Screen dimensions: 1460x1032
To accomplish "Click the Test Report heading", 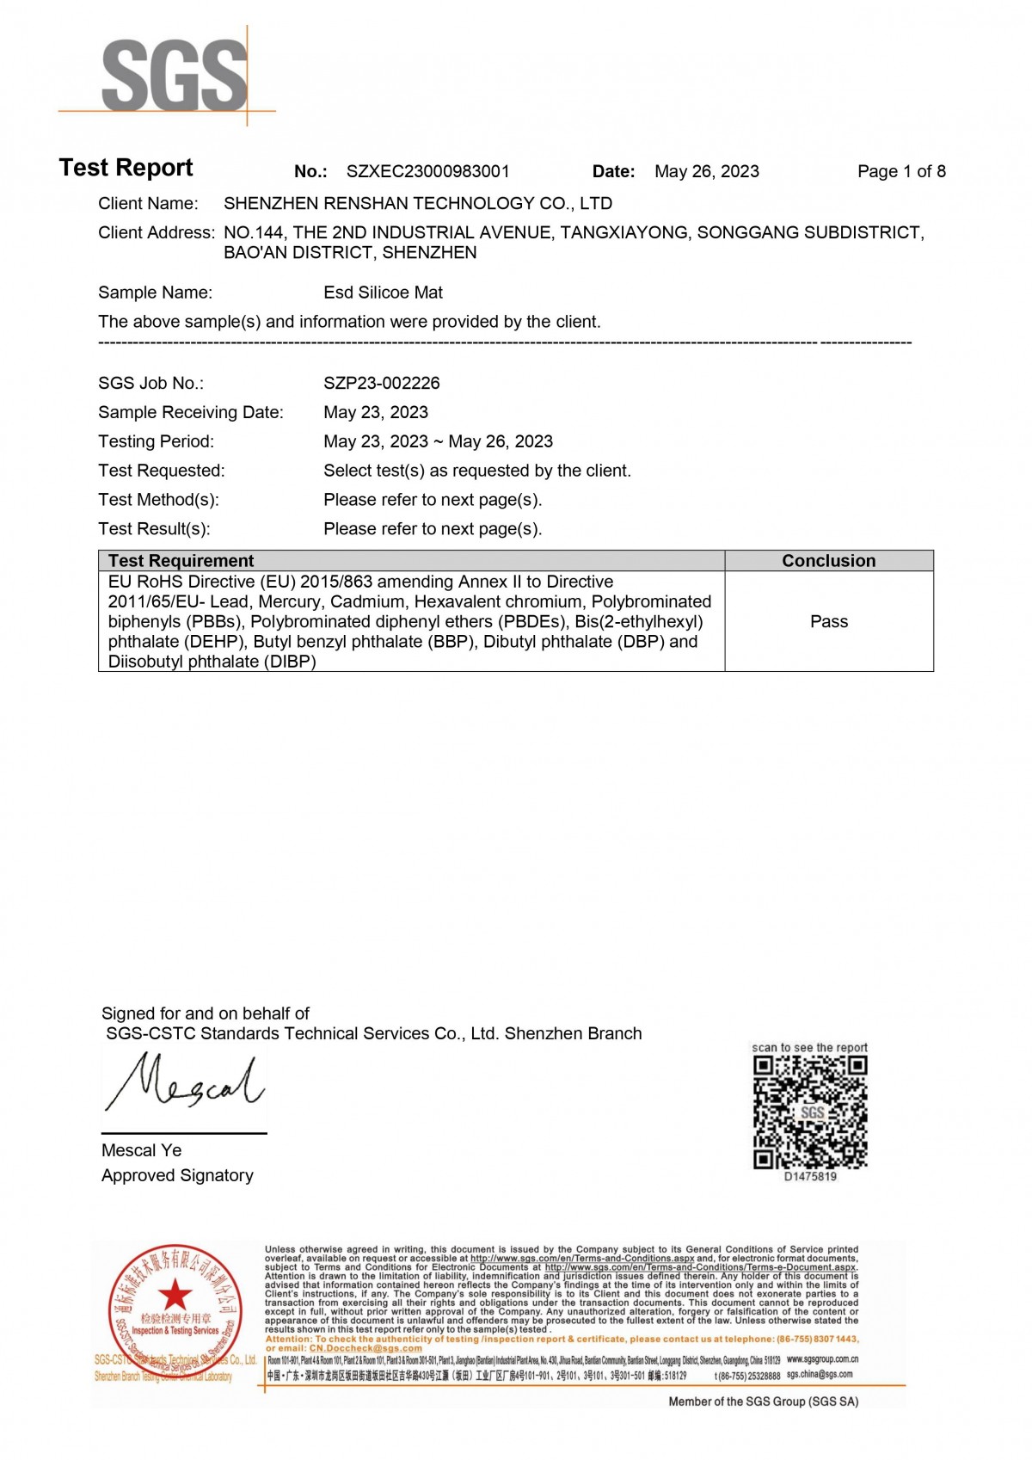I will click(126, 168).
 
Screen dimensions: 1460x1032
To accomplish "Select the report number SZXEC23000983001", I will click(427, 171).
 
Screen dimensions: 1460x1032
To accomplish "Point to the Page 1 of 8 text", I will click(900, 171).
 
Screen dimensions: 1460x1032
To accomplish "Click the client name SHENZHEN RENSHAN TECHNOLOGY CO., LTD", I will click(418, 204).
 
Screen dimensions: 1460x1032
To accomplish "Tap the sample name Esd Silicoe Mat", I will click(383, 293).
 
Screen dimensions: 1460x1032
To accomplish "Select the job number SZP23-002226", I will click(381, 383).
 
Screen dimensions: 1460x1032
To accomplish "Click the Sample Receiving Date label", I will click(190, 412).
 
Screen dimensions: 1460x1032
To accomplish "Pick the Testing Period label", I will click(156, 441).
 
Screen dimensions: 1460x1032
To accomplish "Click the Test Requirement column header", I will click(181, 561).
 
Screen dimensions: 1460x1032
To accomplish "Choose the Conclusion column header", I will click(828, 561).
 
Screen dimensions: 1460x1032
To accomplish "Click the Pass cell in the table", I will click(828, 621).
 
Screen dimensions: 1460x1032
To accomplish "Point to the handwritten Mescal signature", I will click(185, 1087).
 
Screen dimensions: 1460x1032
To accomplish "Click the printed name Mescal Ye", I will click(141, 1150).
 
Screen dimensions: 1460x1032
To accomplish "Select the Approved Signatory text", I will click(177, 1175).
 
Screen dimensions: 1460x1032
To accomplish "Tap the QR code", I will click(810, 1112).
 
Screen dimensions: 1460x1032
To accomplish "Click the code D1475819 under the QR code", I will click(810, 1177).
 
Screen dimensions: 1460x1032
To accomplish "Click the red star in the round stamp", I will click(175, 1294).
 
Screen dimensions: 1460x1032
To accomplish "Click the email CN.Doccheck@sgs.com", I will click(365, 1348).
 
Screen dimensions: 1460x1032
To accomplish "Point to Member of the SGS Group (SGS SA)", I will click(763, 1401).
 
